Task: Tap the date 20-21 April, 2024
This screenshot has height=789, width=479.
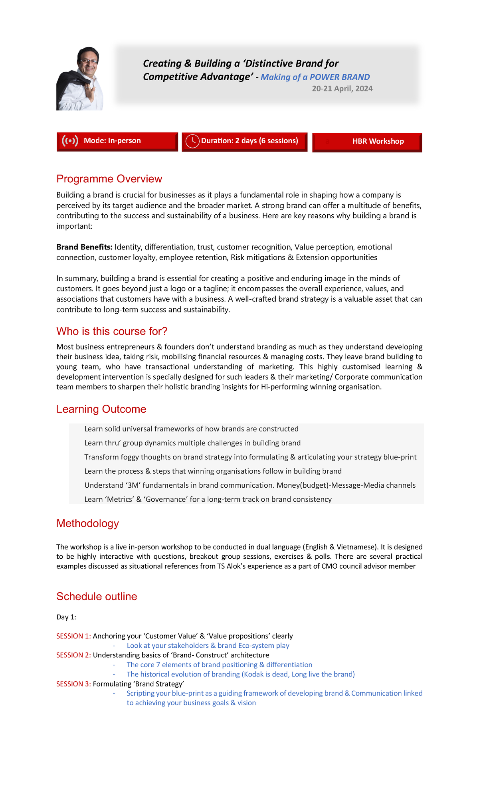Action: [x=342, y=89]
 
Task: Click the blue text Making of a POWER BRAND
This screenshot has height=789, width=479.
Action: [x=315, y=77]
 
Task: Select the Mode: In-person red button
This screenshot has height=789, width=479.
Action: [x=117, y=141]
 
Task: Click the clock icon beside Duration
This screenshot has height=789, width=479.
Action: [x=192, y=141]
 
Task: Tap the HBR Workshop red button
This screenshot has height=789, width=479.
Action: [x=367, y=142]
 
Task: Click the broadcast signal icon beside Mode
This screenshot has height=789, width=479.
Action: [x=70, y=141]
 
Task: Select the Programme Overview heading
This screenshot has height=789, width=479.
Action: [x=109, y=179]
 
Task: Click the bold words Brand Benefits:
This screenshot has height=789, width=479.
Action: [x=84, y=247]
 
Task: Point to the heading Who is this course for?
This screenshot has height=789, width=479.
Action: [x=112, y=331]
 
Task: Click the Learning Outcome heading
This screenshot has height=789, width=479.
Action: [x=101, y=409]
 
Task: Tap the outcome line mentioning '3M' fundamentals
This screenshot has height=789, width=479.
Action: [x=249, y=485]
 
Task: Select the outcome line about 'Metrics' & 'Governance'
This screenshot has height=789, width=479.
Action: [x=208, y=499]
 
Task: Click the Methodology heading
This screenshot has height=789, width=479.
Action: [x=87, y=523]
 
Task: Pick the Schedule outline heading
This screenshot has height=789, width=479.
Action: [x=97, y=596]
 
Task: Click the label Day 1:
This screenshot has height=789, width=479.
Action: [x=66, y=617]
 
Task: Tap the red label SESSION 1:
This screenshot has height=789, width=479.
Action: [x=73, y=636]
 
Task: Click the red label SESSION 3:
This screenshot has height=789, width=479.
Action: [x=73, y=684]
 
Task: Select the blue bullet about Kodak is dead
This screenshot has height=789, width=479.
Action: [x=240, y=674]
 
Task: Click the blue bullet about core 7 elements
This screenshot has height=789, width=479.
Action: [x=219, y=665]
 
